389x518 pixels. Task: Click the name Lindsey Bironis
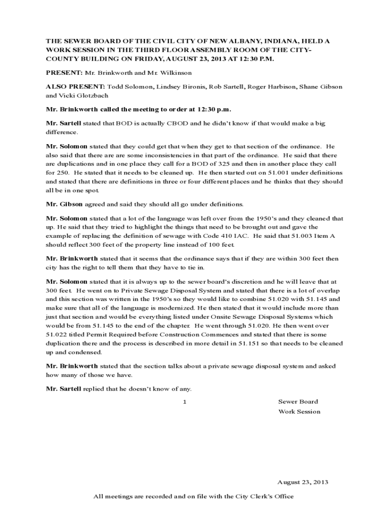174,87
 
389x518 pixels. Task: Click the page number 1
185,402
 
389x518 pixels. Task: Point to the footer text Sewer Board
298,402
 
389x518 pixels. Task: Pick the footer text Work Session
299,411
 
